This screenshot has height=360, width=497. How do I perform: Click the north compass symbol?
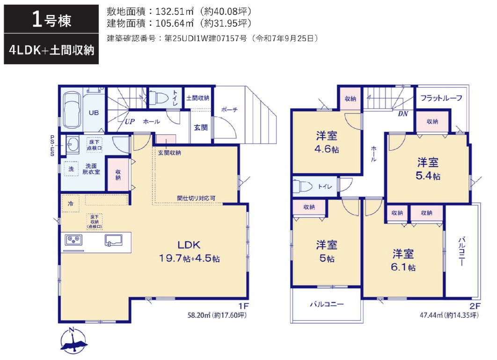pos(73,341)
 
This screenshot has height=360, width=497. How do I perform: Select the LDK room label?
pos(189,251)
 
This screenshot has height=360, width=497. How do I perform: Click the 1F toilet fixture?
pos(158,98)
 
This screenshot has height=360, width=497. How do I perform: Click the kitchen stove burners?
pos(73,240)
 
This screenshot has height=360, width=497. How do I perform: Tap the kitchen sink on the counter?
pos(113,240)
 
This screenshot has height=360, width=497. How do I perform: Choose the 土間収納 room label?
pos(197,98)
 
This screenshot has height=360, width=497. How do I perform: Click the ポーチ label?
pos(229,110)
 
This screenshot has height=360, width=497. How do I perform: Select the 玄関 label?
pos(201,127)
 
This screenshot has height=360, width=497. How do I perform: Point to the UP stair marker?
pos(130,121)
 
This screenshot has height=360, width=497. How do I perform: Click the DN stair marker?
pos(403,114)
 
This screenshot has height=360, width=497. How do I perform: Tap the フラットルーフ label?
pos(441,98)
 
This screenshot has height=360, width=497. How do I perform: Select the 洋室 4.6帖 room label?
pos(327,142)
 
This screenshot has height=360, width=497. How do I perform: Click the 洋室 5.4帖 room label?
pos(428,169)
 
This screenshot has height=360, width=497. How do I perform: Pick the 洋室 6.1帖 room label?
pos(403,260)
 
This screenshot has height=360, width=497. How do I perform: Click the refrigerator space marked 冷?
pos(71,203)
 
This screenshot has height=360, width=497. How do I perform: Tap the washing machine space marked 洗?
pos(71,169)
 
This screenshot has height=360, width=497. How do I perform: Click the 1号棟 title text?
pos(51,20)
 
